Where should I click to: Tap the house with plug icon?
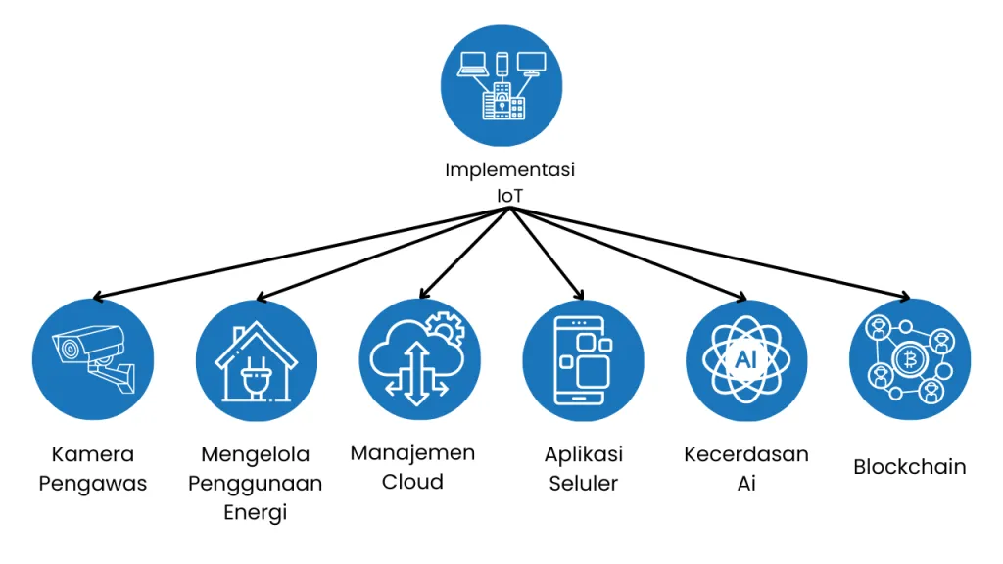(256, 361)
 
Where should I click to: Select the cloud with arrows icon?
(419, 359)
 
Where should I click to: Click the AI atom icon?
(745, 359)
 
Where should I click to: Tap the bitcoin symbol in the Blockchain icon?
(909, 360)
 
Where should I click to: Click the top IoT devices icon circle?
(501, 86)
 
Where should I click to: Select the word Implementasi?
(509, 170)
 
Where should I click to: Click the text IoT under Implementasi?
(509, 196)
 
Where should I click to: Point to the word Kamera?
(93, 454)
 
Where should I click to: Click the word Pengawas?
(93, 484)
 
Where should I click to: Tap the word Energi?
(256, 512)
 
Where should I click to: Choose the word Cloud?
(412, 482)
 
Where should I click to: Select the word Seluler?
(584, 484)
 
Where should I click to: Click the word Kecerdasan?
(745, 454)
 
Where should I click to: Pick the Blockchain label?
(910, 467)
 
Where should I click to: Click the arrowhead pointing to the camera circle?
(98, 296)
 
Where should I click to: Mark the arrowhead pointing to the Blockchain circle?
(904, 296)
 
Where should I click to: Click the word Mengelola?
(256, 454)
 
